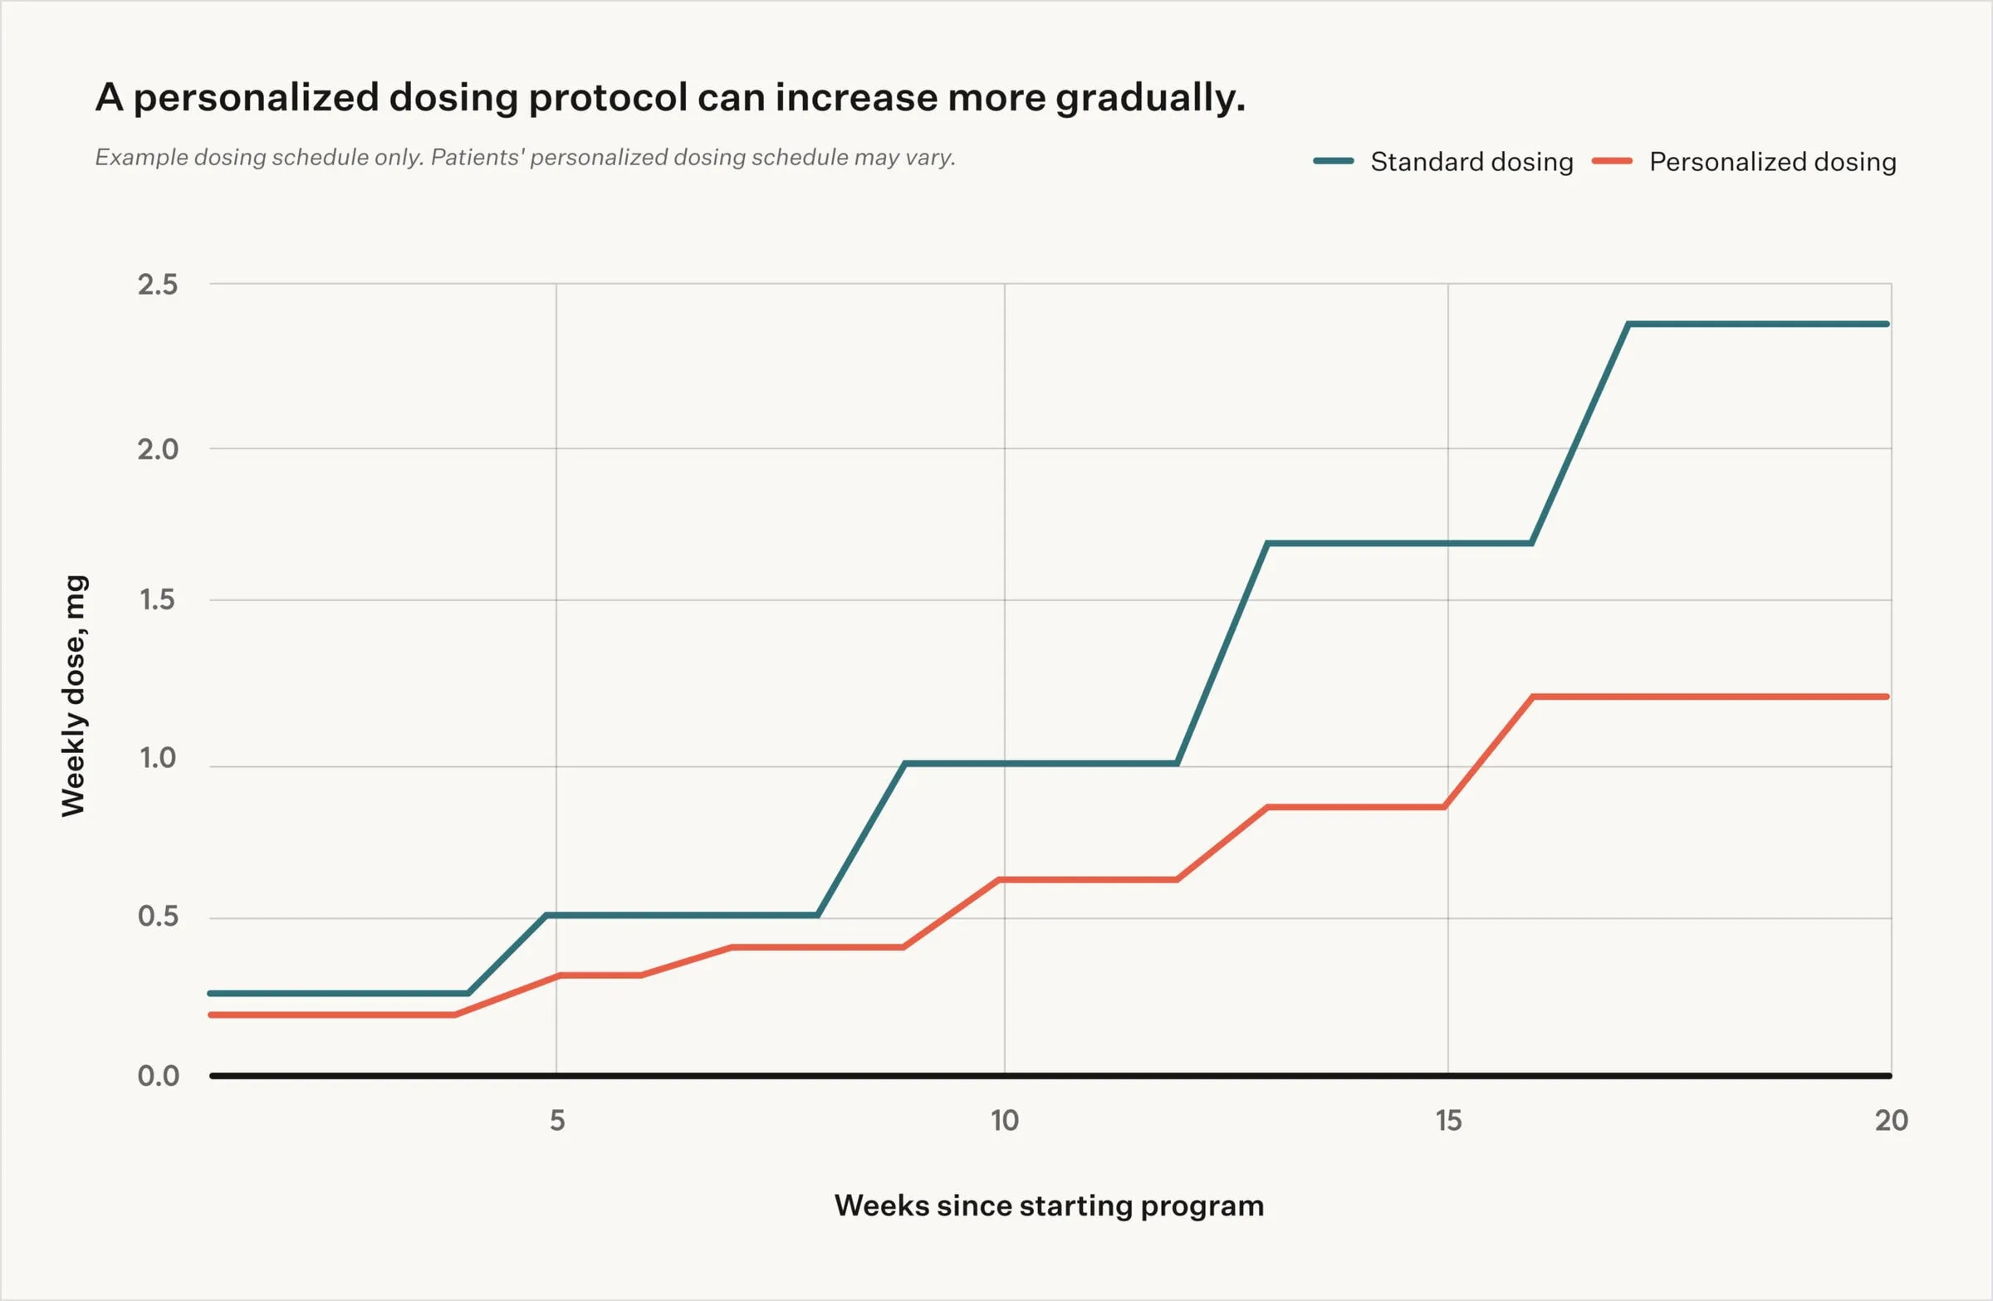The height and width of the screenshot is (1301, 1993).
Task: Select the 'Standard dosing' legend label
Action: point(1471,162)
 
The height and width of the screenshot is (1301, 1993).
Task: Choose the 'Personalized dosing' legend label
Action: point(1772,162)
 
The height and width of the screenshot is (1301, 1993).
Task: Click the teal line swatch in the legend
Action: point(1334,162)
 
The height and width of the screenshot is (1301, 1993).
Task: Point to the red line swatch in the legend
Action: point(1612,162)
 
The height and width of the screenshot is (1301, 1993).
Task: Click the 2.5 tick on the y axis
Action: point(158,285)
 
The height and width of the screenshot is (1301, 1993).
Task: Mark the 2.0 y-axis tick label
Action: point(158,449)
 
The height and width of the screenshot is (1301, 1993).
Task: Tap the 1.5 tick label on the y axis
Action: point(158,599)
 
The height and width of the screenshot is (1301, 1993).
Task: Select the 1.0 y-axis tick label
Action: point(158,758)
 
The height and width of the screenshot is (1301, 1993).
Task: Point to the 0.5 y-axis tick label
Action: point(158,916)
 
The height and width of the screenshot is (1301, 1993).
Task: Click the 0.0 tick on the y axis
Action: point(158,1076)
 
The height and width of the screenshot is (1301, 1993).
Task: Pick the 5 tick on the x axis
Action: point(557,1120)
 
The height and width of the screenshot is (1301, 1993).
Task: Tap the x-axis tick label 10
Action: point(1004,1120)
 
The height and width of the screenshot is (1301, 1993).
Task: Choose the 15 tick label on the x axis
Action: point(1448,1120)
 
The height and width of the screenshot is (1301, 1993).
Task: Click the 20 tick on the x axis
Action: point(1891,1120)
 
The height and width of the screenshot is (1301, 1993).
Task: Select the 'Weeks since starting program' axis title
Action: point(1049,1206)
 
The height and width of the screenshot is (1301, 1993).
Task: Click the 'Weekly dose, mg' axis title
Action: point(74,695)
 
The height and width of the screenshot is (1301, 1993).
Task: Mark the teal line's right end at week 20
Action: point(1888,324)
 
